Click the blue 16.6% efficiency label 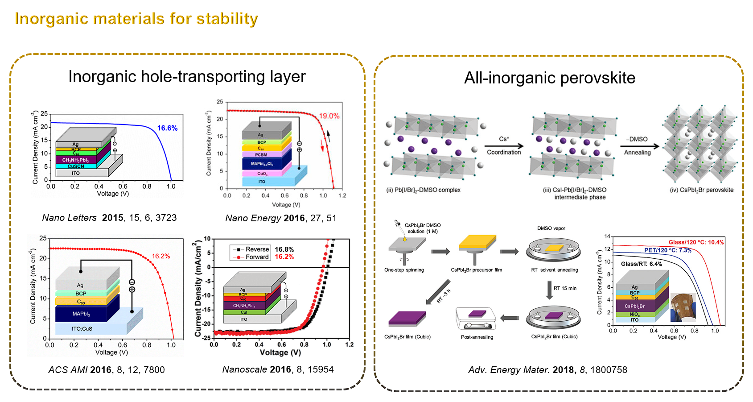(167, 128)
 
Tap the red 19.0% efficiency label (329, 116)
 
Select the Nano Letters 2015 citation (109, 218)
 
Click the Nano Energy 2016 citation (280, 218)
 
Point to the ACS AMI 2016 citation (107, 370)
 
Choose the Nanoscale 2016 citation (278, 369)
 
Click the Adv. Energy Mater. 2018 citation (547, 370)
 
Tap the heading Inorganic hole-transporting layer (187, 77)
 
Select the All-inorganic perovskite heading (549, 78)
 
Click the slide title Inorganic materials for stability (136, 19)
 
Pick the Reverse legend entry (257, 249)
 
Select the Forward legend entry (257, 257)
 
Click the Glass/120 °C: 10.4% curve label (696, 242)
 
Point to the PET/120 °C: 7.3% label (667, 250)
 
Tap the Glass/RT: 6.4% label (641, 264)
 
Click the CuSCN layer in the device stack (76, 166)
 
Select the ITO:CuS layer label (82, 329)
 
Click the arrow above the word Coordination (504, 146)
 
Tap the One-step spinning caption (404, 270)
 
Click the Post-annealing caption (477, 337)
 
